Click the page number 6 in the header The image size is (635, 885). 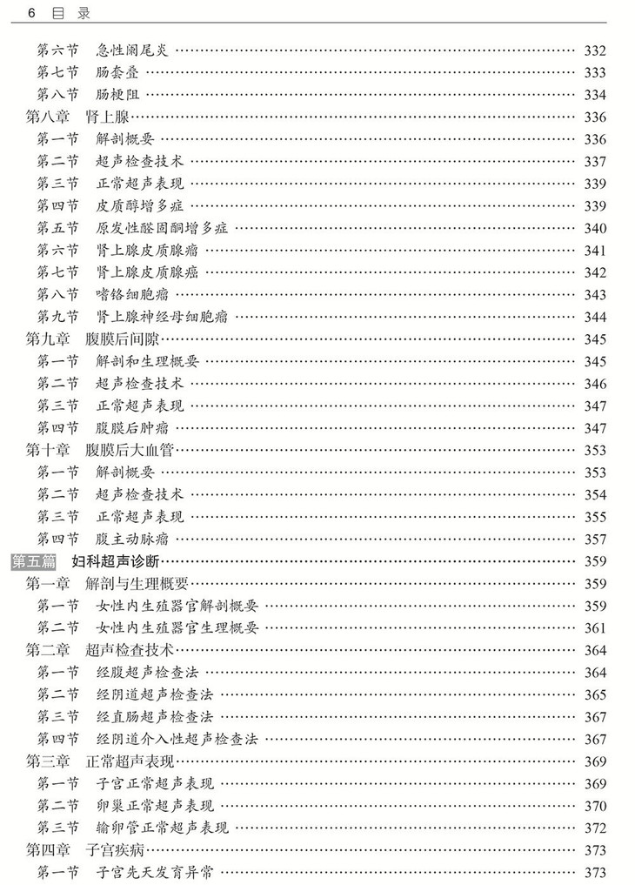(x=31, y=14)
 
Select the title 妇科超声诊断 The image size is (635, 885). (x=116, y=561)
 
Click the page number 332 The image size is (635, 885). (x=595, y=50)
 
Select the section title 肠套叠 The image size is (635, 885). (x=117, y=72)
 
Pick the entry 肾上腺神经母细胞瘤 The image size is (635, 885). (x=162, y=317)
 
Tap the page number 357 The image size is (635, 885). (x=595, y=540)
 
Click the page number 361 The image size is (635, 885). (x=595, y=627)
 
